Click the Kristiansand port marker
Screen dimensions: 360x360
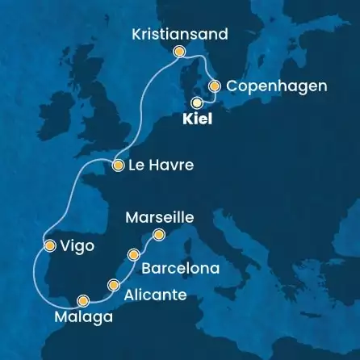tap(179, 52)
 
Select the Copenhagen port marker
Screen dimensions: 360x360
tap(215, 86)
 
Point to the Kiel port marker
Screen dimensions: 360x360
tap(196, 103)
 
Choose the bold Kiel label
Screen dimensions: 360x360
tap(195, 119)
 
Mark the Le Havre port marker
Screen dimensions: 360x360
tap(117, 166)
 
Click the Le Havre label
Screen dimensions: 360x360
tap(160, 166)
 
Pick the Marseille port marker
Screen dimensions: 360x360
tap(159, 235)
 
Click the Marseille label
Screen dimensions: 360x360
tap(161, 218)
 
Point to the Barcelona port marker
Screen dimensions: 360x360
tap(133, 255)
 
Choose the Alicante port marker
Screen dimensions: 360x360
tap(114, 284)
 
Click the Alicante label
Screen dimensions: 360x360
tap(157, 295)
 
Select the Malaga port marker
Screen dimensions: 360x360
tap(82, 300)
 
